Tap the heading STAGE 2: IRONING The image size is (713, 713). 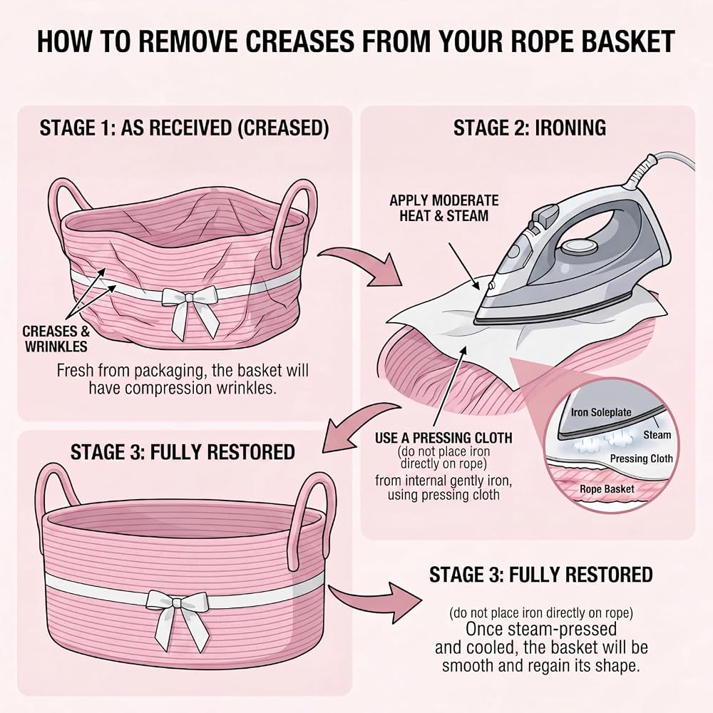[x=530, y=128]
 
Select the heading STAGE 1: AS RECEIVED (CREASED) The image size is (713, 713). [x=184, y=128]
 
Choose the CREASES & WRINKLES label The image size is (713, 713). [x=56, y=339]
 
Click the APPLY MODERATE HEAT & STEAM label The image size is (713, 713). [x=443, y=207]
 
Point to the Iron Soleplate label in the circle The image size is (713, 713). [x=601, y=412]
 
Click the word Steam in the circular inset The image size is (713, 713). [x=657, y=435]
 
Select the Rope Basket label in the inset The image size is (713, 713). [x=607, y=489]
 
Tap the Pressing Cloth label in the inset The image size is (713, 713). [x=641, y=458]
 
